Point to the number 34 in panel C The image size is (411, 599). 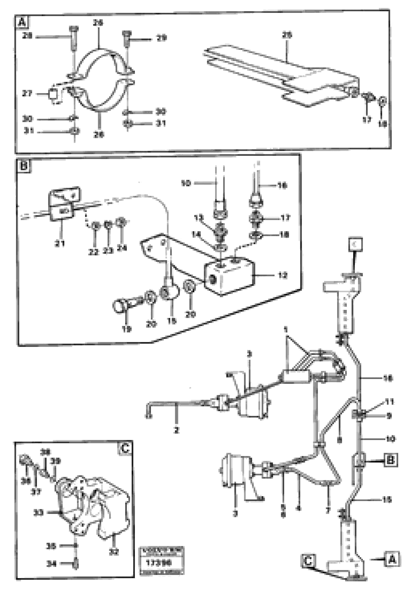tap(51, 564)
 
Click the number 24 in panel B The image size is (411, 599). tap(122, 248)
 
